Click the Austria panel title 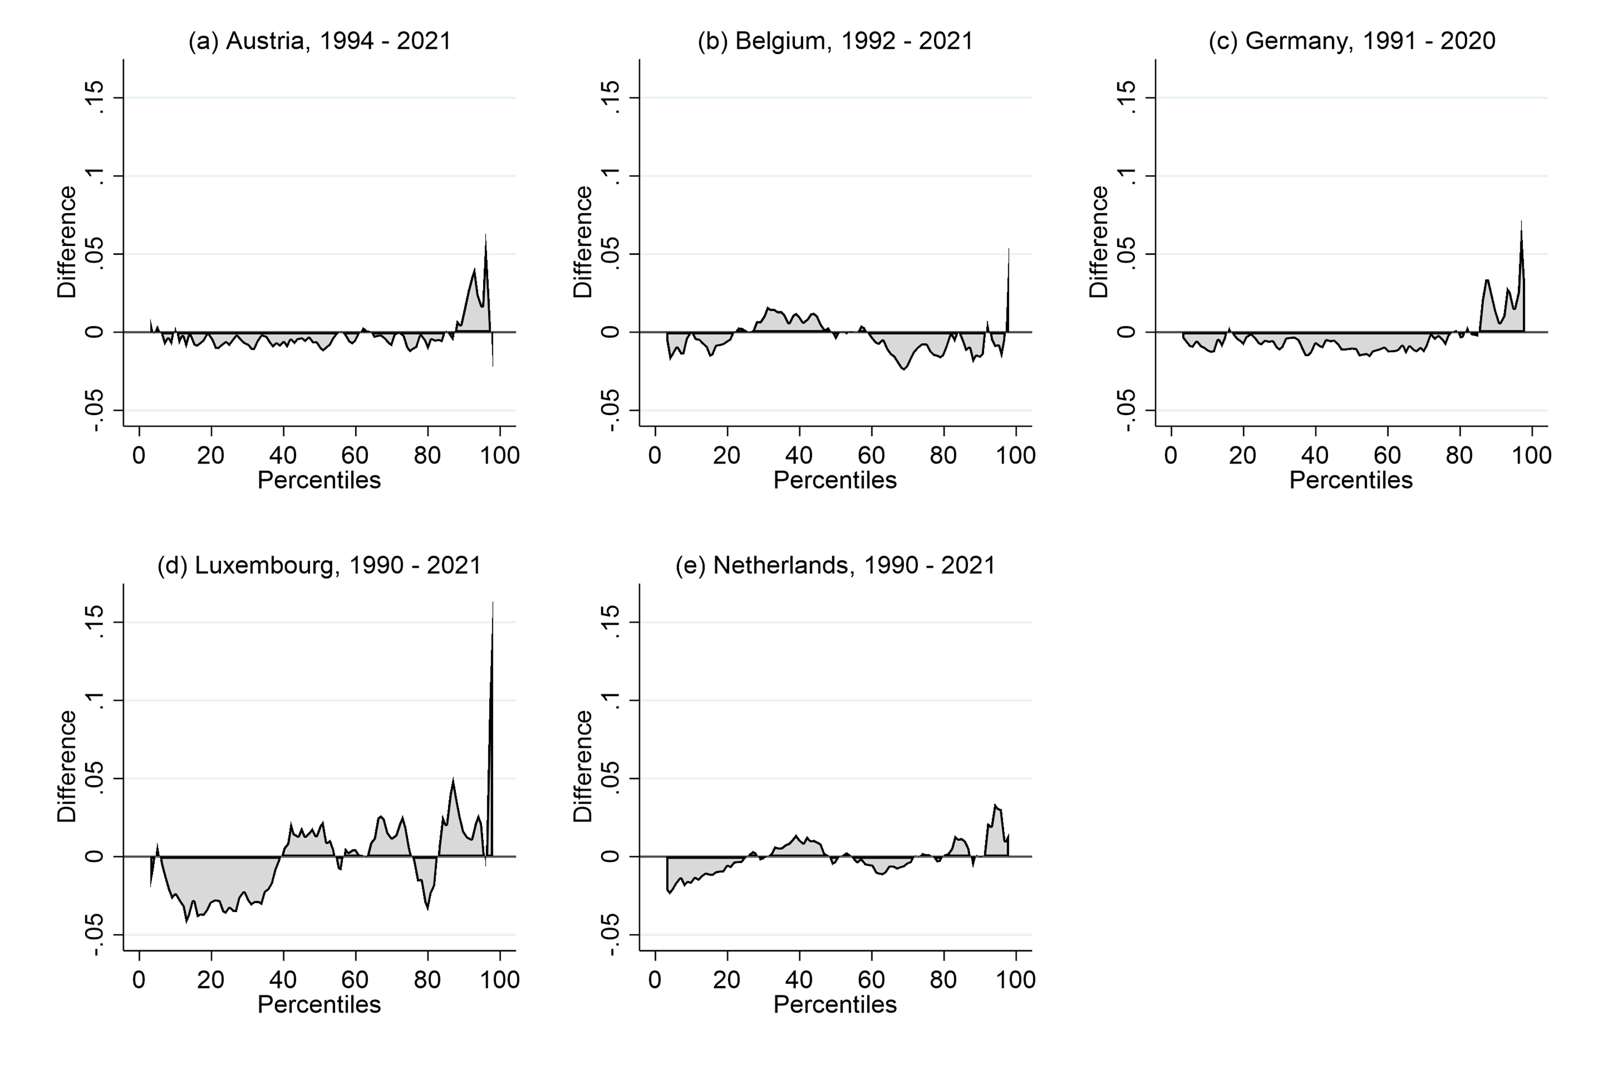coord(320,41)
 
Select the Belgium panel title coord(835,41)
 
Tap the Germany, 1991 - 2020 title coord(1352,41)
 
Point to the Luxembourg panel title coord(320,566)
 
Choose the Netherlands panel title coord(835,566)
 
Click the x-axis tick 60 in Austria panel coord(355,455)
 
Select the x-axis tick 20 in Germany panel coord(1243,455)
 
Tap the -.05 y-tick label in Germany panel coord(1125,410)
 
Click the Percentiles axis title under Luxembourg coord(320,1005)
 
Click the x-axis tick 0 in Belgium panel coord(655,455)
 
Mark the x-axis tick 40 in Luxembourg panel coord(283,979)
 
